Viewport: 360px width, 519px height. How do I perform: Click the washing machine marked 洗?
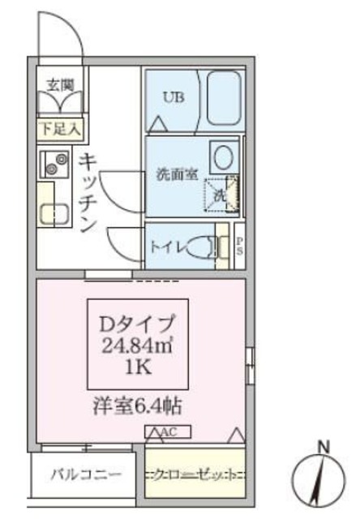221,194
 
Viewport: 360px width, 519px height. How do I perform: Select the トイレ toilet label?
169,246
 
